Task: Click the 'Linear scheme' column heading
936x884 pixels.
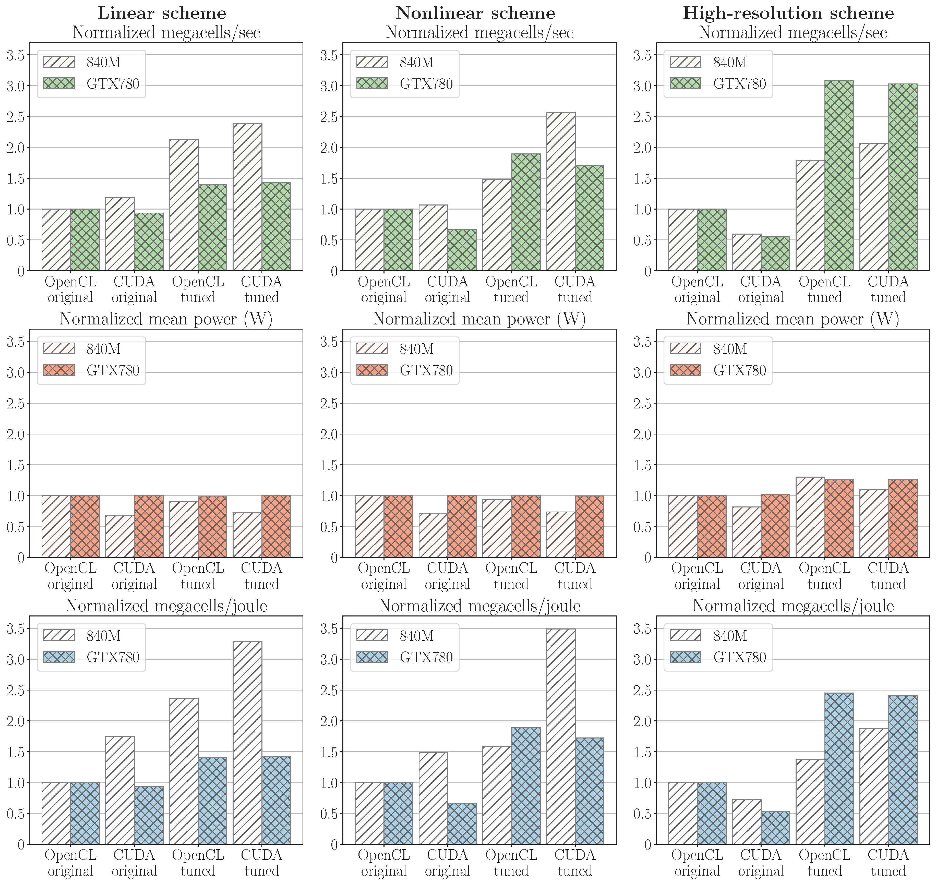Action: pyautogui.click(x=162, y=13)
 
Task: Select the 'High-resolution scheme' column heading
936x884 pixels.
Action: pyautogui.click(x=788, y=13)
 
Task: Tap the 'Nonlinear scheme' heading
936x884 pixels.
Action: pyautogui.click(x=475, y=13)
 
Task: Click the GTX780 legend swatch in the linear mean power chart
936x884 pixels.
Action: pyautogui.click(x=58, y=370)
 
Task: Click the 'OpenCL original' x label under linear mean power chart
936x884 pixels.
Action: pyautogui.click(x=71, y=576)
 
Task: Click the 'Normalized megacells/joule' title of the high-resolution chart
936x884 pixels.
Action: pyautogui.click(x=793, y=606)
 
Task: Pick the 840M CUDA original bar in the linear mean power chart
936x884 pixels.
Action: pyautogui.click(x=120, y=536)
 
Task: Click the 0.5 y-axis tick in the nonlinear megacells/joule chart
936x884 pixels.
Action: pyautogui.click(x=329, y=814)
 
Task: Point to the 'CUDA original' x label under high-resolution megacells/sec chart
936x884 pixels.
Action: pyautogui.click(x=761, y=289)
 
